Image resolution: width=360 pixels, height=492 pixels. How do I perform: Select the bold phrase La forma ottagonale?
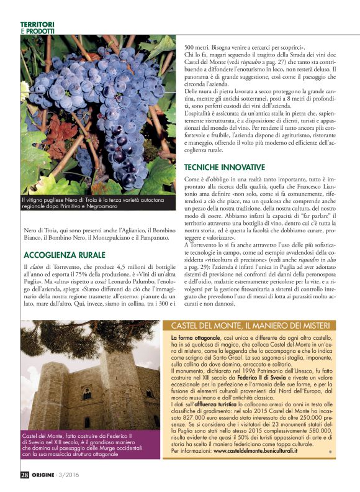193,337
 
